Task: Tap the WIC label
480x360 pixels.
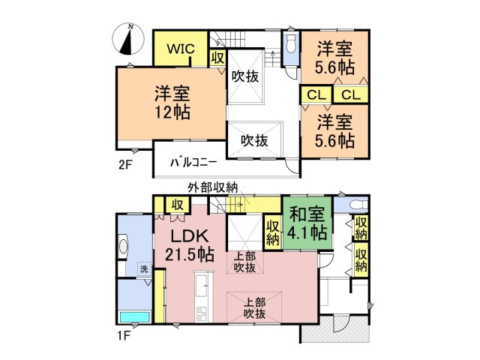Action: click(181, 49)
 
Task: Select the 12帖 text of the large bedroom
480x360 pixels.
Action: click(172, 113)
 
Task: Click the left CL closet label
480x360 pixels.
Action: click(315, 94)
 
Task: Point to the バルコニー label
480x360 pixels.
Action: click(193, 160)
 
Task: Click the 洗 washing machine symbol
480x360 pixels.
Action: click(143, 269)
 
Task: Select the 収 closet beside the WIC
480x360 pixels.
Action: click(217, 57)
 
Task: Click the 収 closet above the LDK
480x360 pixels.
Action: click(177, 205)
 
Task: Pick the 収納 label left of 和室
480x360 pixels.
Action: click(272, 232)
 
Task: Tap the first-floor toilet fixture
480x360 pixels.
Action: click(353, 204)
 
